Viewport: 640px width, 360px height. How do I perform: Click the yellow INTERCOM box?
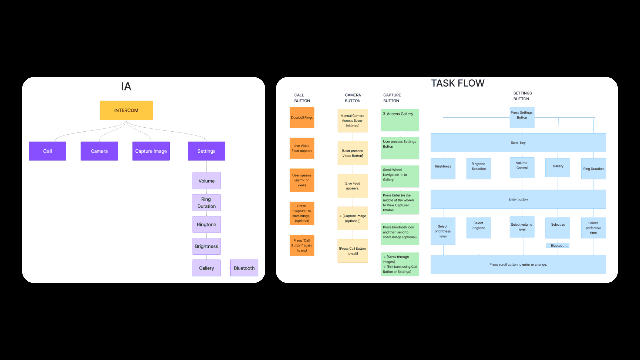[x=126, y=110]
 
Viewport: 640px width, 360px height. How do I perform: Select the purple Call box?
[x=48, y=151]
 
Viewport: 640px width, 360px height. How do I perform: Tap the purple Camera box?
[x=99, y=151]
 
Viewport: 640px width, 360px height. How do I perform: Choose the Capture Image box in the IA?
[x=151, y=151]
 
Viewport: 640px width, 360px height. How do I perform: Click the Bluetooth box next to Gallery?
[x=244, y=268]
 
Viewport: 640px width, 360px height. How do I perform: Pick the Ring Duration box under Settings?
[x=207, y=203]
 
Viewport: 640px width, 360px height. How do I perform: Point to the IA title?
[x=126, y=87]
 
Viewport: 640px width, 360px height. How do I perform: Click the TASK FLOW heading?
[x=458, y=83]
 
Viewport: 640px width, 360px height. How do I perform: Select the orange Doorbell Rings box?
[x=302, y=117]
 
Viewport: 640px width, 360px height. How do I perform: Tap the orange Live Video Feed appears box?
[x=302, y=148]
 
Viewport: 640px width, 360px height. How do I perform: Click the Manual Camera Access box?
[x=353, y=121]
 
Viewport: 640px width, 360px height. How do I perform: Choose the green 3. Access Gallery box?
[x=400, y=120]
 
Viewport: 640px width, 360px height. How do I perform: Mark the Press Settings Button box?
[x=522, y=117]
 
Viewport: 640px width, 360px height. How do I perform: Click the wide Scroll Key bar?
[x=518, y=143]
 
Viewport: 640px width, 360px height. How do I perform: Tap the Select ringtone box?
[x=479, y=228]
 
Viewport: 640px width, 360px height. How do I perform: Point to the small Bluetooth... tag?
[x=558, y=246]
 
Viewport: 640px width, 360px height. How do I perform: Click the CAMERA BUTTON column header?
[x=353, y=98]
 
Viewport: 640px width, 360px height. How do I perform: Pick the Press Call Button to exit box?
[x=353, y=251]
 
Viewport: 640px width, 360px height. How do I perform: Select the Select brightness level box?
[x=443, y=231]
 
